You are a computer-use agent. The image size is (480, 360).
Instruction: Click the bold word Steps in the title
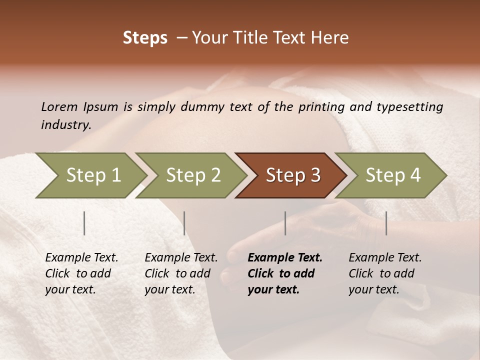[x=145, y=38]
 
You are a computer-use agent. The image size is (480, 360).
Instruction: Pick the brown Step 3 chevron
[x=293, y=175]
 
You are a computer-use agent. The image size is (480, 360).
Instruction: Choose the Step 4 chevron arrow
[x=393, y=175]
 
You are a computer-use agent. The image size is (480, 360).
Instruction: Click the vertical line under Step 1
[x=84, y=223]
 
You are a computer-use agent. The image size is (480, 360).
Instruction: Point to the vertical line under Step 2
[x=184, y=223]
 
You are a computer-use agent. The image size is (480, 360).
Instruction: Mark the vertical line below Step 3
[x=285, y=223]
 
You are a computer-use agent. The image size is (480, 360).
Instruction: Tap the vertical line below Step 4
[x=386, y=223]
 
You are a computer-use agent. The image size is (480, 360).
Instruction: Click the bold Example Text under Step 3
[x=285, y=273]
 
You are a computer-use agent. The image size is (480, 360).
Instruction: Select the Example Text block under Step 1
[x=81, y=273]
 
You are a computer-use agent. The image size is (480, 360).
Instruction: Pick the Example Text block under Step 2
[x=181, y=273]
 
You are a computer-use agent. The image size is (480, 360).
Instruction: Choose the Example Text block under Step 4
[x=385, y=273]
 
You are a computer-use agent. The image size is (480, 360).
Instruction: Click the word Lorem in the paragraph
[x=59, y=107]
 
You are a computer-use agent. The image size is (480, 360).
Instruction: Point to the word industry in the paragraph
[x=66, y=125]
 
